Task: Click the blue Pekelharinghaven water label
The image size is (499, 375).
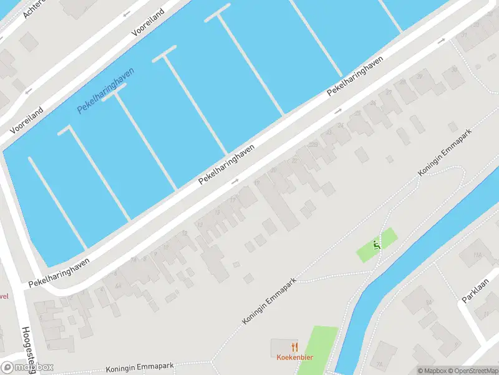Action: click(106, 90)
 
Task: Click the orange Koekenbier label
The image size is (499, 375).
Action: click(294, 357)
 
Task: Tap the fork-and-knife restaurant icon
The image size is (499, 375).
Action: click(294, 347)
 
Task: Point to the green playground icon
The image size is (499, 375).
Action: click(377, 245)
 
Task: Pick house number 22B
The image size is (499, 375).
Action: click(312, 145)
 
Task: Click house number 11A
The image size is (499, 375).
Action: click(478, 254)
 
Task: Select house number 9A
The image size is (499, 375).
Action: click(429, 303)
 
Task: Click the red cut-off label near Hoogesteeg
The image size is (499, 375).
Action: click(4, 297)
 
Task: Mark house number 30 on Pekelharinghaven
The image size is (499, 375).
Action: click(419, 76)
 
